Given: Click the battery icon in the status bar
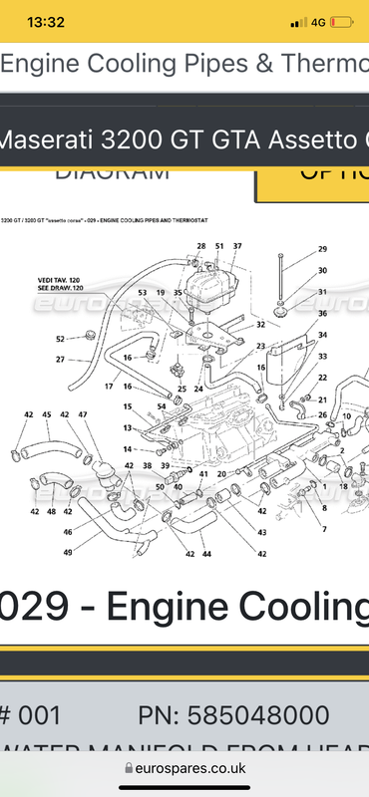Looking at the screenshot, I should [341, 21].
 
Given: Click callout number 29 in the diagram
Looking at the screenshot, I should [322, 249].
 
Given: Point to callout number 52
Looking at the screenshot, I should [60, 339].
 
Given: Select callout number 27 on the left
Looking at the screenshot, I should [60, 360].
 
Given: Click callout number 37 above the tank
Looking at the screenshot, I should [236, 246].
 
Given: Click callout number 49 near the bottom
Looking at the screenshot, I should [68, 551].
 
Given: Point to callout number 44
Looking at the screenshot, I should [206, 553].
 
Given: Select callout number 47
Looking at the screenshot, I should [83, 414].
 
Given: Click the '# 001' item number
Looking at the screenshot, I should [30, 714].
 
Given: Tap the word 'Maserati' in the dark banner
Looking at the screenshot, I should [54, 139].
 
